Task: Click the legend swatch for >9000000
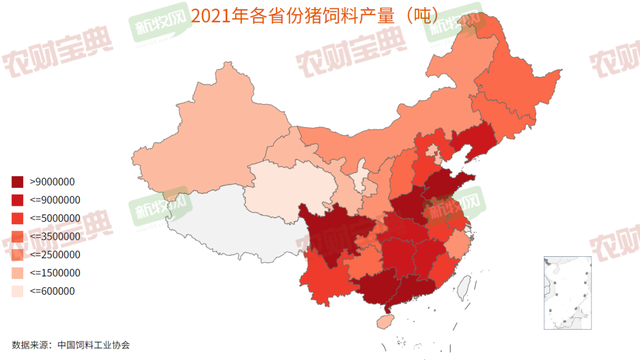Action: point(18,181)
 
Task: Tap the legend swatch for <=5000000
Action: point(18,218)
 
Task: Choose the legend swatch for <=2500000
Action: point(18,254)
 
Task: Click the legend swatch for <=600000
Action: point(18,291)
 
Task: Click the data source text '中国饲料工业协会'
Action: point(94,344)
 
